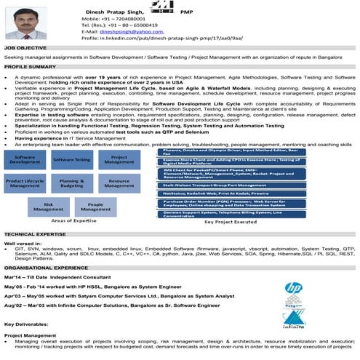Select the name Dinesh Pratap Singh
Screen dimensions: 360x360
pos(110,7)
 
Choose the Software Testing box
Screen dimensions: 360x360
pos(71,159)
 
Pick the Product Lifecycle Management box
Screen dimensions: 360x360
pos(25,183)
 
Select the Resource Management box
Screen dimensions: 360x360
pos(118,183)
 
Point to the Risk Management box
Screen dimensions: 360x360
pos(49,208)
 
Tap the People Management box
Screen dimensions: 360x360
pos(95,208)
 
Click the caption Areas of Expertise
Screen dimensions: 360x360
pos(72,220)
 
